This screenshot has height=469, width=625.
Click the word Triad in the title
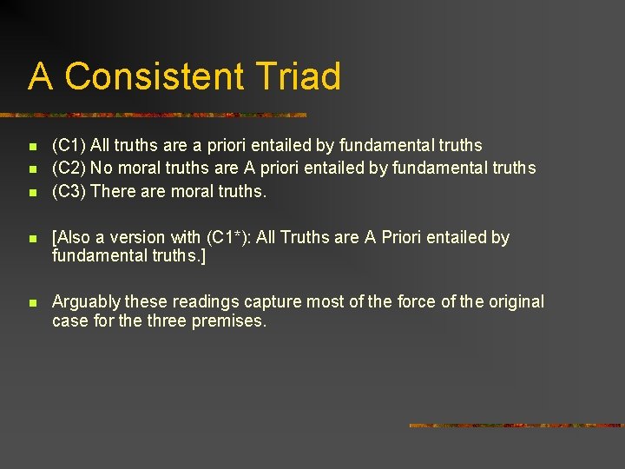(x=299, y=76)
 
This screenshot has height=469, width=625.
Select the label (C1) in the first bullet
(x=69, y=145)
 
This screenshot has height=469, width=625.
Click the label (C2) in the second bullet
(x=69, y=168)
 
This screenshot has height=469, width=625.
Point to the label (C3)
(x=69, y=191)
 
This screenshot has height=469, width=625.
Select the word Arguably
(x=86, y=302)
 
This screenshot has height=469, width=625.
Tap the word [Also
(x=70, y=237)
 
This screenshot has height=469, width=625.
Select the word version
(x=141, y=237)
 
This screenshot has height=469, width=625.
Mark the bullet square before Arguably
(x=31, y=303)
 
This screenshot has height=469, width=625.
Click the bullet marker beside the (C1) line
(x=31, y=147)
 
